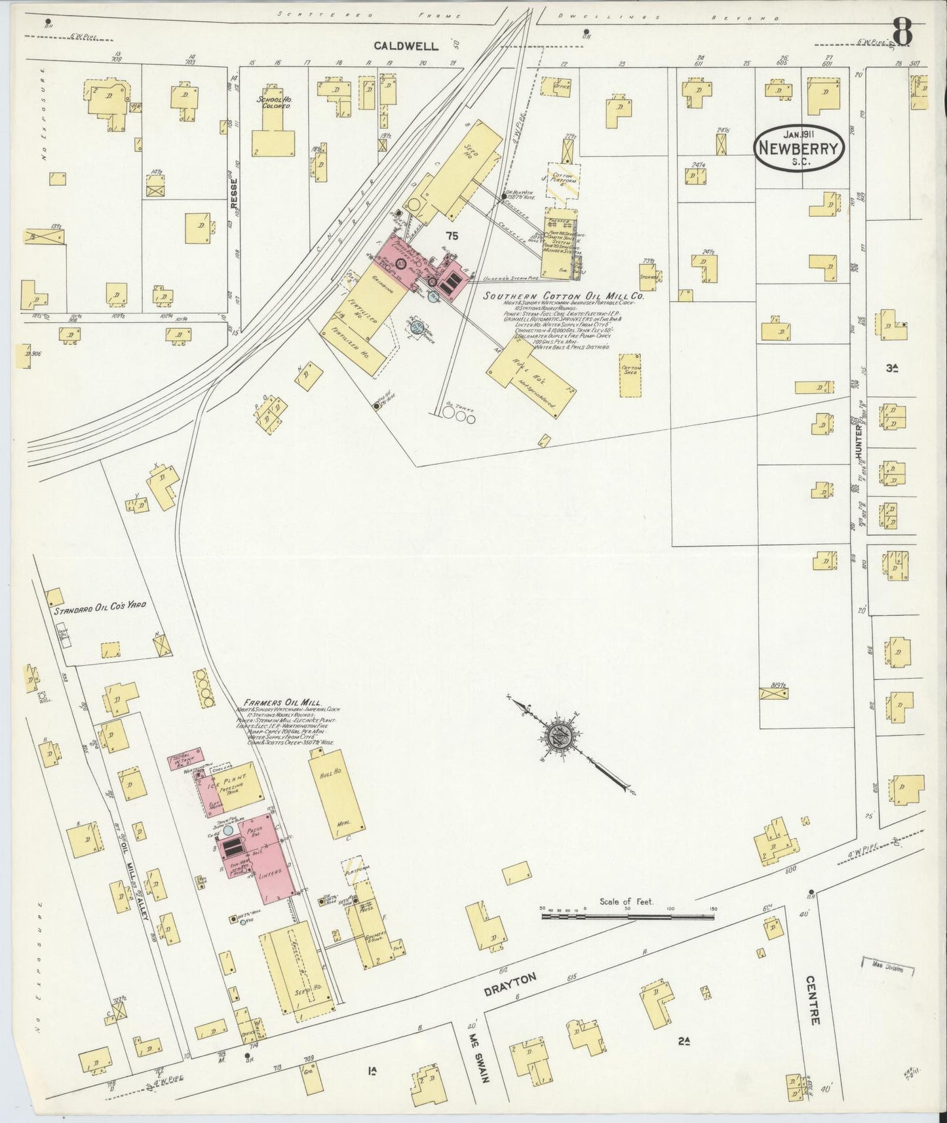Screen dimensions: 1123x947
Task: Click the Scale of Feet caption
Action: pos(626,902)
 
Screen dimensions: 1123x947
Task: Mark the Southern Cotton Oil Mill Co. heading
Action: pos(564,296)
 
